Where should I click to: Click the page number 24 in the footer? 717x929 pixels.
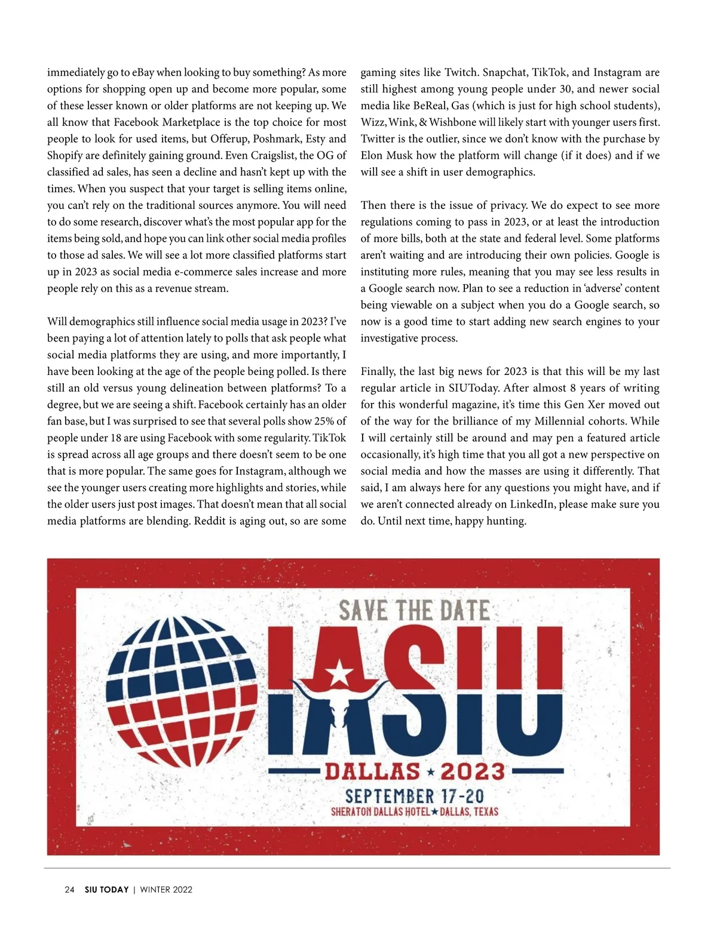tap(69, 890)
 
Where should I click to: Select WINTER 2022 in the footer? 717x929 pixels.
tap(166, 890)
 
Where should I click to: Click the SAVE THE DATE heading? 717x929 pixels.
tap(414, 611)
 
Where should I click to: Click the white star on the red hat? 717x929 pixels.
tap(339, 673)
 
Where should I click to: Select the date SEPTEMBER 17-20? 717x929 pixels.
tap(414, 796)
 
